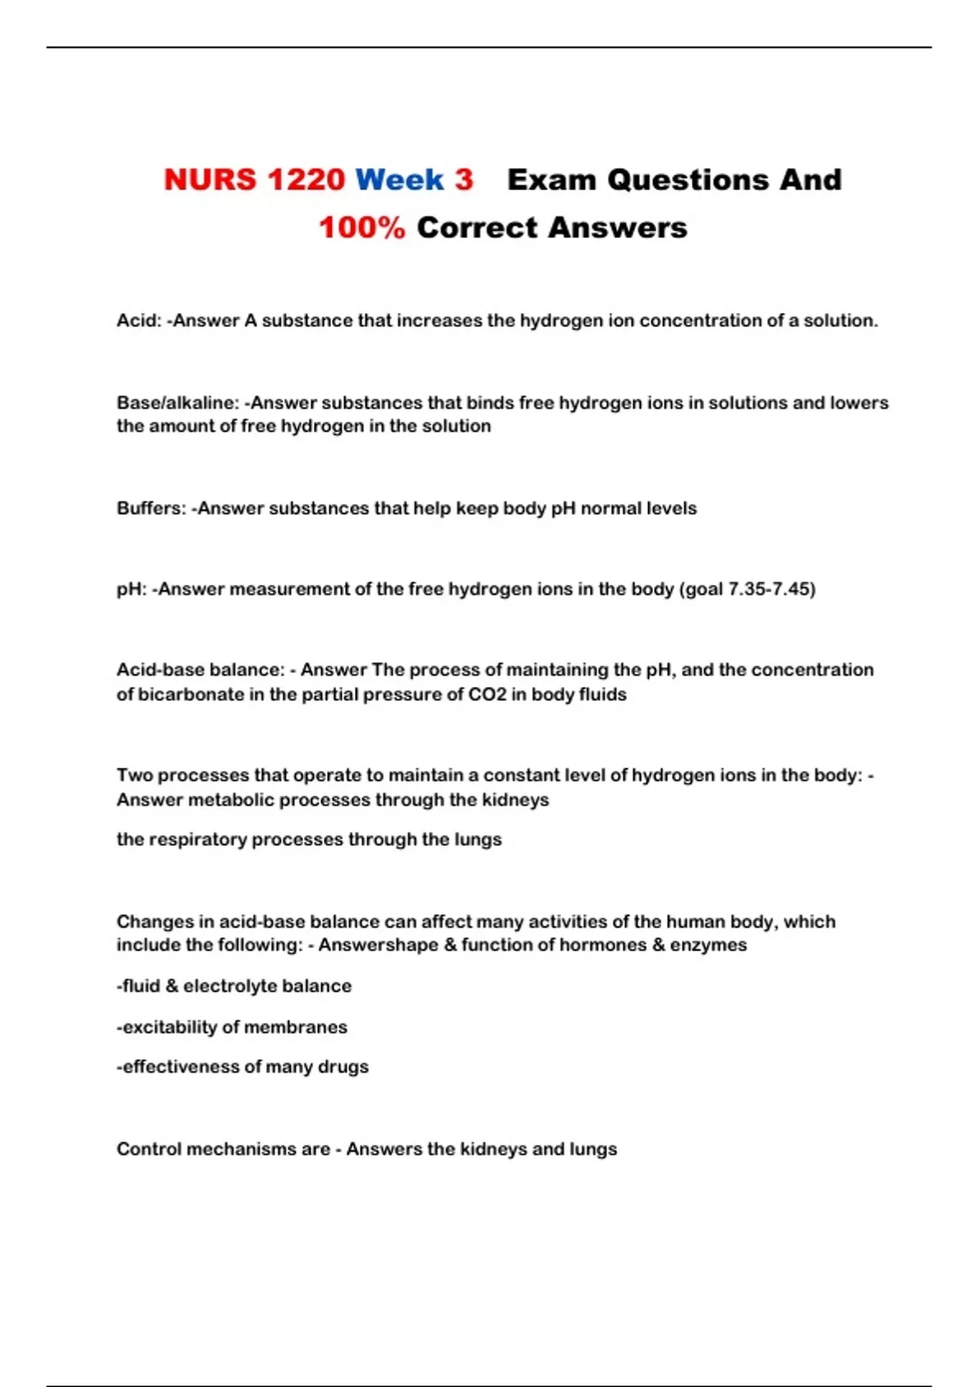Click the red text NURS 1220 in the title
tap(254, 179)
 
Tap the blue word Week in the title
tap(400, 179)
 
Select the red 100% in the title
tap(361, 228)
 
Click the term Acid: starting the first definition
tap(139, 321)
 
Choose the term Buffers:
tap(151, 508)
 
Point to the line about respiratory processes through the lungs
tap(308, 840)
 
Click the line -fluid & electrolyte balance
tap(233, 986)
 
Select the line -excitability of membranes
tap(232, 1027)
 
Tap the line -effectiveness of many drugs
tap(242, 1067)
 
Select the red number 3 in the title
tap(463, 179)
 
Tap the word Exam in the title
tap(552, 179)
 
